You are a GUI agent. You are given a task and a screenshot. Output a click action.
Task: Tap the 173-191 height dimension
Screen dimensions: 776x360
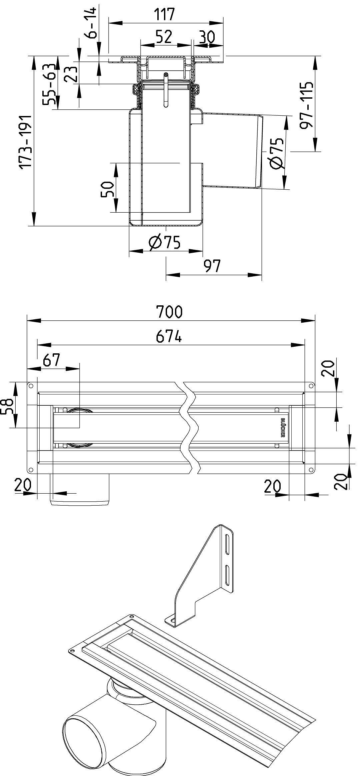tap(25, 142)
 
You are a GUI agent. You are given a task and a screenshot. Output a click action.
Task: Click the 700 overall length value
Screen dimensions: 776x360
tap(170, 312)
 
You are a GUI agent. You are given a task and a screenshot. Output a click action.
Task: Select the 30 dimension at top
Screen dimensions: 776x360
tap(206, 37)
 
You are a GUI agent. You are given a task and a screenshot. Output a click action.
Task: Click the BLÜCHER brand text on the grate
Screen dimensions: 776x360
tap(283, 427)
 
